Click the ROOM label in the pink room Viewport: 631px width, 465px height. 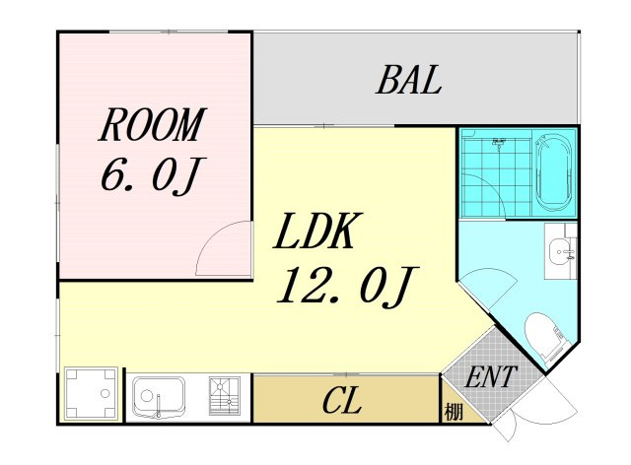(x=152, y=124)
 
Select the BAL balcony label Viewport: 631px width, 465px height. (x=408, y=80)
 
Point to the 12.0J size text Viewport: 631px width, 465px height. (x=348, y=286)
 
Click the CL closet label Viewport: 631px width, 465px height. (x=342, y=400)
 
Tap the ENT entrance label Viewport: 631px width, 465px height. (x=490, y=376)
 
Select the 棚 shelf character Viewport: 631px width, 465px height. (x=454, y=412)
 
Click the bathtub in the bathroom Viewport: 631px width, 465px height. (x=554, y=173)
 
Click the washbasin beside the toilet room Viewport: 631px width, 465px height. (x=561, y=251)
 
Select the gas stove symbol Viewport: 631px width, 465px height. (x=225, y=396)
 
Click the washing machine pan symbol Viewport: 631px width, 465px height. (x=91, y=394)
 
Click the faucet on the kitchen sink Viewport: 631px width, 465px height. (x=158, y=406)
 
